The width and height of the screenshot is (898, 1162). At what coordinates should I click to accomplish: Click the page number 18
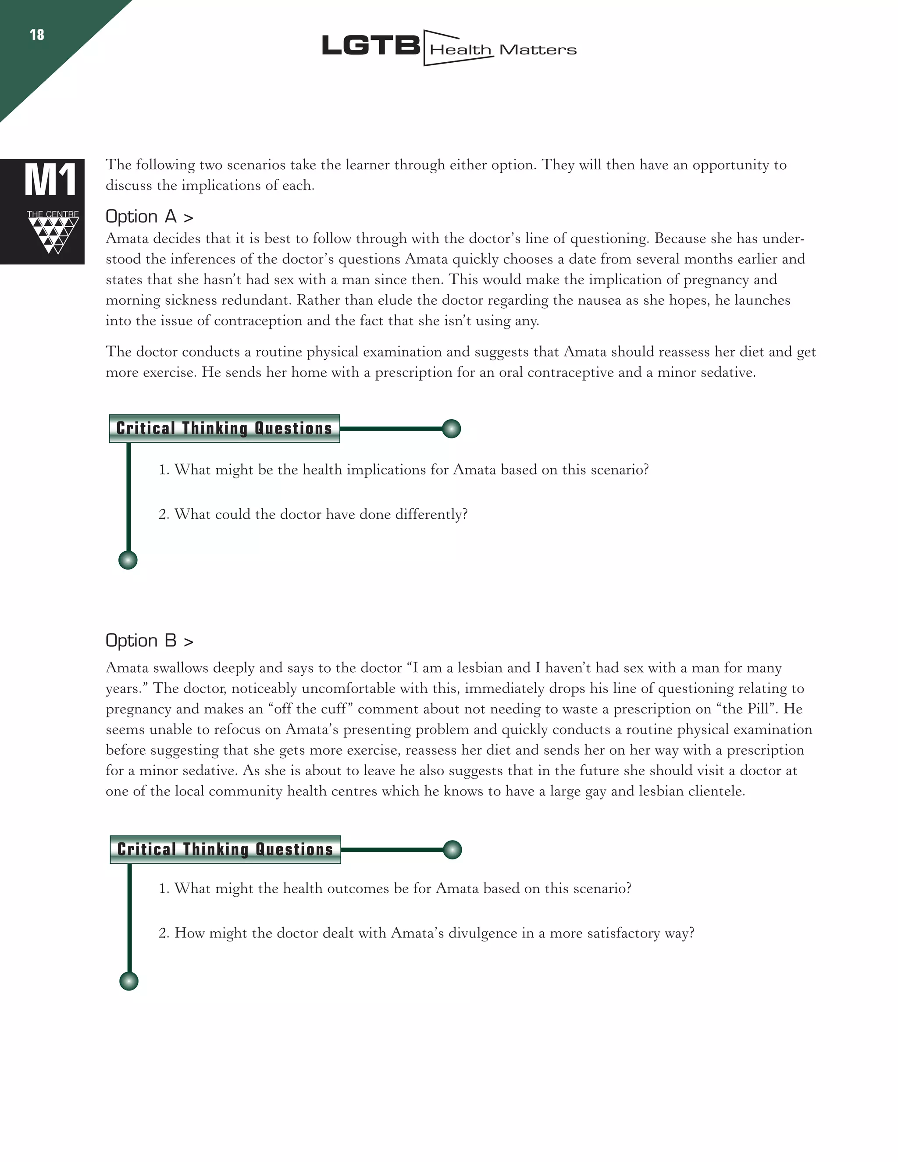(37, 35)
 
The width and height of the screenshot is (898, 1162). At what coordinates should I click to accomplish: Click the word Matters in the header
(538, 50)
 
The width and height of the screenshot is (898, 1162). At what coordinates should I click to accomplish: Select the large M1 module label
(50, 181)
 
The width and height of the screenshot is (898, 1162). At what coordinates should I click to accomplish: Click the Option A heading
(149, 217)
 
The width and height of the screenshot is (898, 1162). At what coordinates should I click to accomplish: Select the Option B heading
(149, 641)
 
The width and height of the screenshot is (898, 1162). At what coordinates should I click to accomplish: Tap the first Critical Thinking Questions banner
(224, 428)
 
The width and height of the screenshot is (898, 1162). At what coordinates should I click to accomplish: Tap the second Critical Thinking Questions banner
(225, 849)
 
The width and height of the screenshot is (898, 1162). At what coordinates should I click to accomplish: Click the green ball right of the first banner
(451, 428)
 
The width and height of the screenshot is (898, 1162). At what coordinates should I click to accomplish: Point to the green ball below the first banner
(128, 560)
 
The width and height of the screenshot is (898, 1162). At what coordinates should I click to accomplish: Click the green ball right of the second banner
(452, 849)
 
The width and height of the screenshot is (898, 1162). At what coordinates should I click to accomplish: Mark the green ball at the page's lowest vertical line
(129, 980)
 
